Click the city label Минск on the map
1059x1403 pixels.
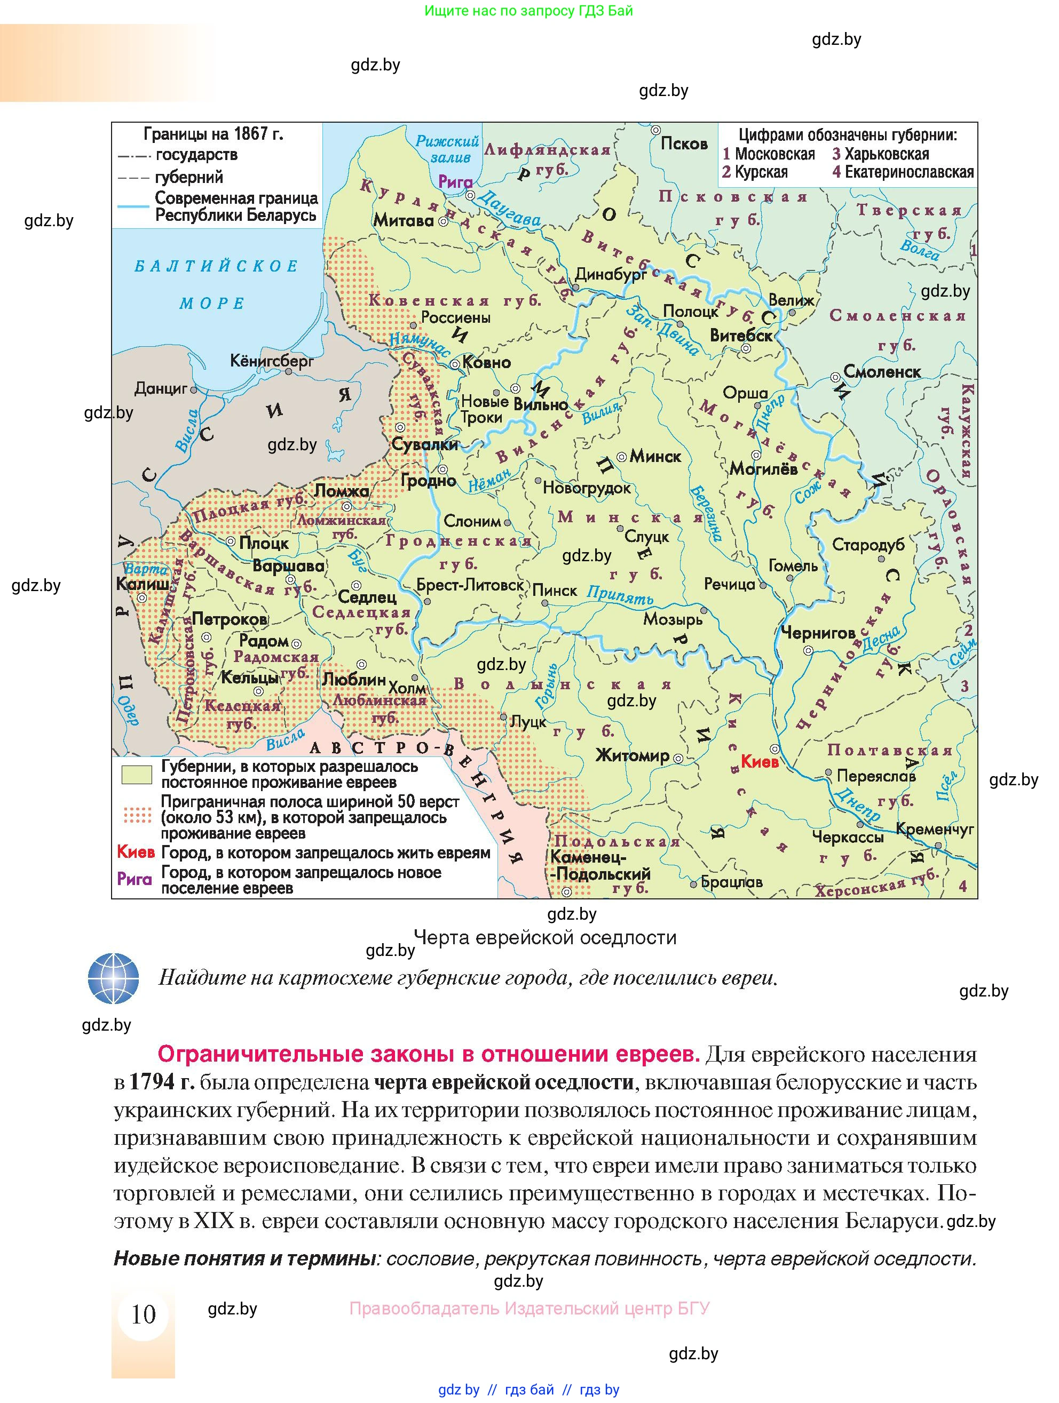coord(655,456)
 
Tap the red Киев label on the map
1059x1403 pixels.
coord(760,762)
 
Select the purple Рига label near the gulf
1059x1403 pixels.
coord(455,182)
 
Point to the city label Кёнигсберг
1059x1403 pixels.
coord(272,361)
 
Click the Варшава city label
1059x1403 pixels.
coord(288,566)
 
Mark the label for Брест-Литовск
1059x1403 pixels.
coord(470,585)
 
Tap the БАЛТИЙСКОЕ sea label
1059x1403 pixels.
coord(216,266)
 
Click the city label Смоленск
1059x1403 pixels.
coord(881,372)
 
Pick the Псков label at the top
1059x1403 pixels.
coord(683,144)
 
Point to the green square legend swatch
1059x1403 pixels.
coord(137,775)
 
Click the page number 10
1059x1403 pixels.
coord(144,1313)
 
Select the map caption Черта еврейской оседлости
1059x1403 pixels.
coord(545,937)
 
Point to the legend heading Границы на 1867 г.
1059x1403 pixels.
coord(213,134)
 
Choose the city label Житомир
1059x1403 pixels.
coord(632,755)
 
